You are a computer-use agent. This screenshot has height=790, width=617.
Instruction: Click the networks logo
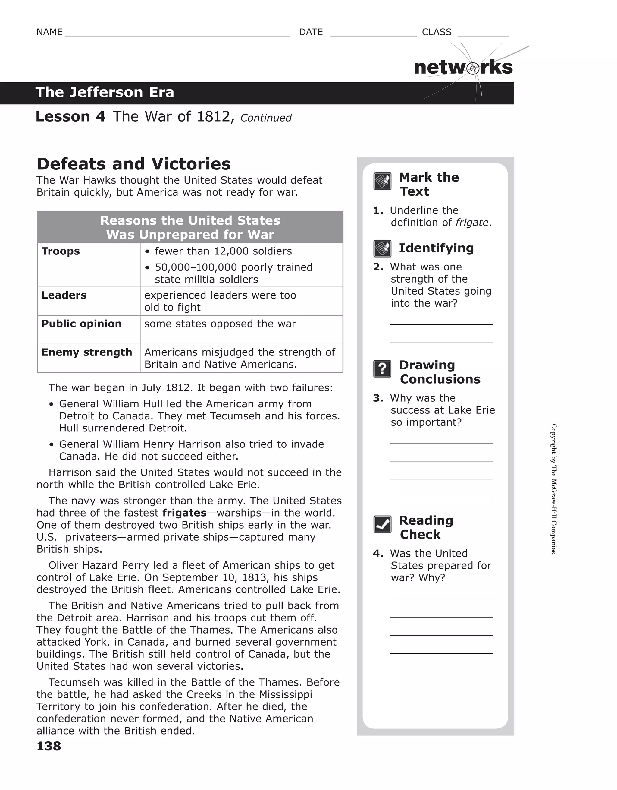(x=463, y=68)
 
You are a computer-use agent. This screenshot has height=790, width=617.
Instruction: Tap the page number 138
(x=49, y=746)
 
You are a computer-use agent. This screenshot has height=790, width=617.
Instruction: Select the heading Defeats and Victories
(x=133, y=164)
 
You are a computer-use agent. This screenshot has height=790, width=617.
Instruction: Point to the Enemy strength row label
(x=87, y=352)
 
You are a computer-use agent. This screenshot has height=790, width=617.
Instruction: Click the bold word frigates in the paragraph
(x=184, y=513)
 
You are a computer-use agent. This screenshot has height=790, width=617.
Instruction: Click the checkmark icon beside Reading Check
(x=382, y=524)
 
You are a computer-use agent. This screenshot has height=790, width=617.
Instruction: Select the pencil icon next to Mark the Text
(x=382, y=181)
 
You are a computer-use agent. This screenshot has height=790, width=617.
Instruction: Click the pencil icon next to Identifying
(x=382, y=248)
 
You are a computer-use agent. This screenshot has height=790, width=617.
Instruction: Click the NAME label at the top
(x=49, y=32)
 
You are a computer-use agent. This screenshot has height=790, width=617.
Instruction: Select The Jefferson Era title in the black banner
(x=105, y=93)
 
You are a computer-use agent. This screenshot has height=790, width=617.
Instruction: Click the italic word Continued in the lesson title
(x=266, y=118)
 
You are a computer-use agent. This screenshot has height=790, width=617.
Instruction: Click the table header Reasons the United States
(x=190, y=221)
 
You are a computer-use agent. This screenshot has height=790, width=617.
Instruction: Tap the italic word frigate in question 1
(x=472, y=223)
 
